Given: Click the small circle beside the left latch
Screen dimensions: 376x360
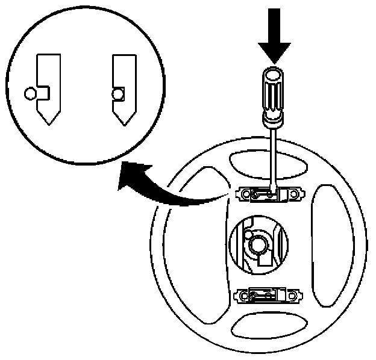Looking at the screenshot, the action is click(x=30, y=93).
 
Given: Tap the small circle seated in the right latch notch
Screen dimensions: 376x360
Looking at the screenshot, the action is click(x=118, y=93).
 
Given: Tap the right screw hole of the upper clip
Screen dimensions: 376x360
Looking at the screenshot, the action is click(x=293, y=194).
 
